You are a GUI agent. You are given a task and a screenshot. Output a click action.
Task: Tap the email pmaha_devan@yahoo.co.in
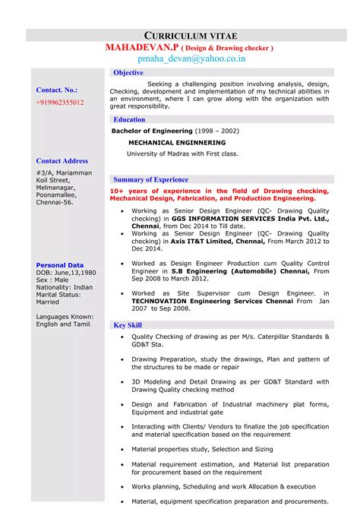point(191,58)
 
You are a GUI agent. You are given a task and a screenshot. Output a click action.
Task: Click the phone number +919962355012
point(60,102)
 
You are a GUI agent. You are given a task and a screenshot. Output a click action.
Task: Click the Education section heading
point(129,119)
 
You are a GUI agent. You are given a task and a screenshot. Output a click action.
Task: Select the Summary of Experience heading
point(150,179)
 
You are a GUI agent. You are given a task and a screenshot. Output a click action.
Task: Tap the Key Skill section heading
point(128,324)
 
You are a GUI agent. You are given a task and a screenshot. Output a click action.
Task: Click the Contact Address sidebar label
point(62,161)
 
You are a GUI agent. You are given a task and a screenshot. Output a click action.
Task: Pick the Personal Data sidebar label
point(60,265)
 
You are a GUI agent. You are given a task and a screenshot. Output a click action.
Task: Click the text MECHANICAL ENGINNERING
point(176,142)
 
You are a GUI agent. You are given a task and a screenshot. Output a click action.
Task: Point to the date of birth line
point(66,272)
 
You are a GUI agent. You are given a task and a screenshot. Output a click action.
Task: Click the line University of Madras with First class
point(182,153)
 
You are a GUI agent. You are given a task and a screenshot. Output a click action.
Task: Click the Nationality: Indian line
point(65,287)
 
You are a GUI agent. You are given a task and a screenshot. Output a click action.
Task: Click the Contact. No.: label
point(57,90)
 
